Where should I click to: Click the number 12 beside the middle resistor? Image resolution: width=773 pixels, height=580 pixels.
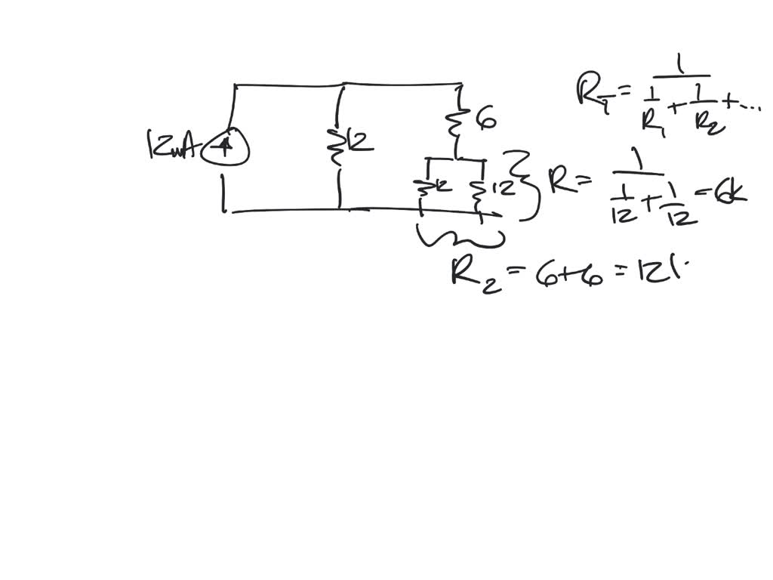[x=362, y=142]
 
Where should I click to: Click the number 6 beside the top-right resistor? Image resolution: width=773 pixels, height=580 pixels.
[x=486, y=119]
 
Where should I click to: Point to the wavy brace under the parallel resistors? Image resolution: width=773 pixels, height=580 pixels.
[x=461, y=237]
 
